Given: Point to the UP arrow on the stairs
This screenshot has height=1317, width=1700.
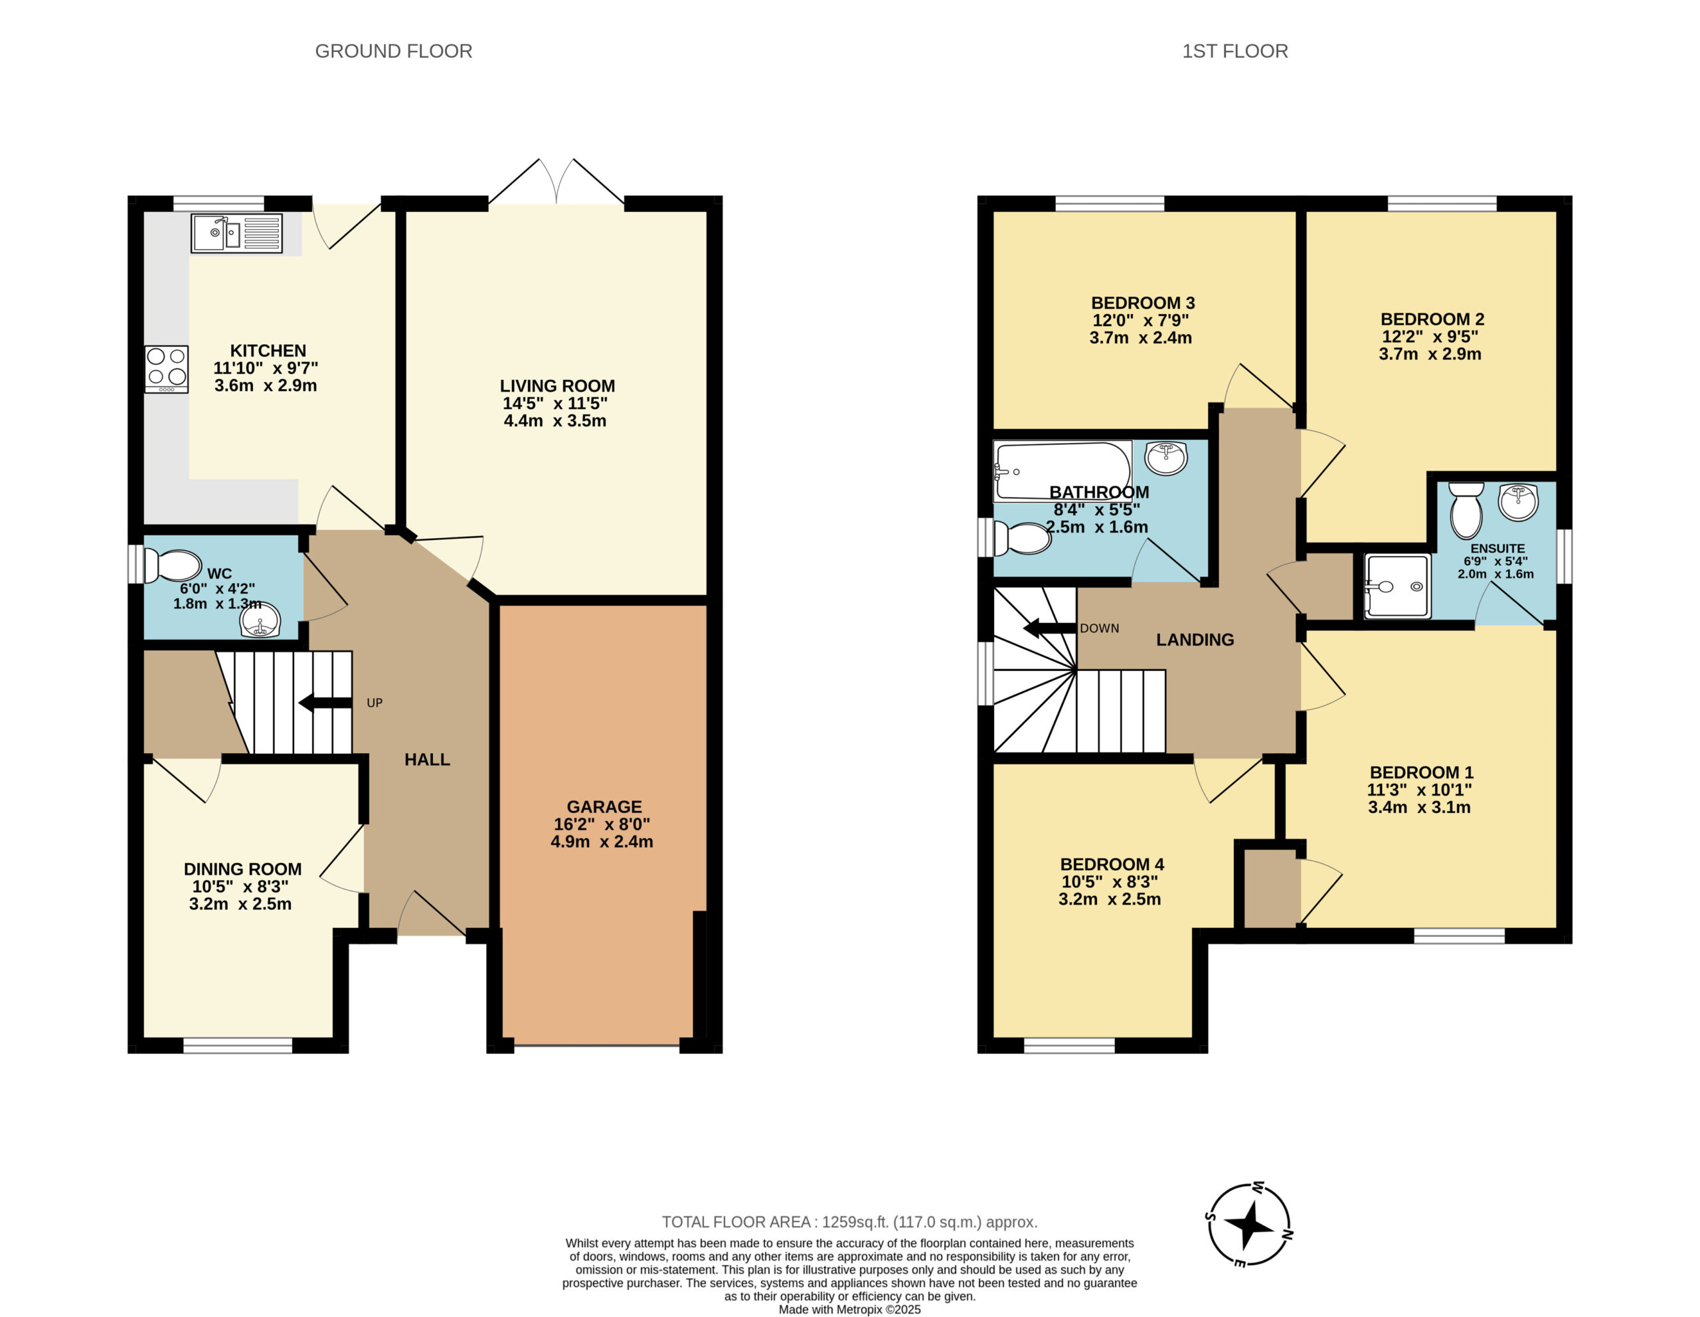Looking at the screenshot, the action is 325,703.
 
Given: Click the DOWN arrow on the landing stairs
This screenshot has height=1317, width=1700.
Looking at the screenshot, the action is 1050,628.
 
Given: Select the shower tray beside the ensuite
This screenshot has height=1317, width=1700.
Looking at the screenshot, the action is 1398,586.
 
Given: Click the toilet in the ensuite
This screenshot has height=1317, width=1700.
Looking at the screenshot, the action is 1466,510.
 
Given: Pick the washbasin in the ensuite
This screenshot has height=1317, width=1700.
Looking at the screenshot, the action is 1518,502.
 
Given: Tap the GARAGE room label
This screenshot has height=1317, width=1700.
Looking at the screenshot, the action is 604,806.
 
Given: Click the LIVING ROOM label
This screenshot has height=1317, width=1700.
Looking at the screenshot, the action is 557,385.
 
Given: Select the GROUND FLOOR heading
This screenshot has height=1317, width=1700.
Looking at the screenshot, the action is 394,51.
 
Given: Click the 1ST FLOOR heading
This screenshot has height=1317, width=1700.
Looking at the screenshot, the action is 1235,51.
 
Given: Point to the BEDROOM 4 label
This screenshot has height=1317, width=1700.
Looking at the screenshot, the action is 1112,864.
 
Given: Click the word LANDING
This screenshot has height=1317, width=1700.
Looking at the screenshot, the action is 1195,640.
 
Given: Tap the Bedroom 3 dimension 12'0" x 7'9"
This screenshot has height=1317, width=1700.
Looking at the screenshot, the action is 1140,320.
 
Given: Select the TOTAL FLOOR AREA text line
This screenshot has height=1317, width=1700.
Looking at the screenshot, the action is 850,1222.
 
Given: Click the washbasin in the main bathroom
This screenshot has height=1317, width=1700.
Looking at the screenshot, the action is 1166,458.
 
